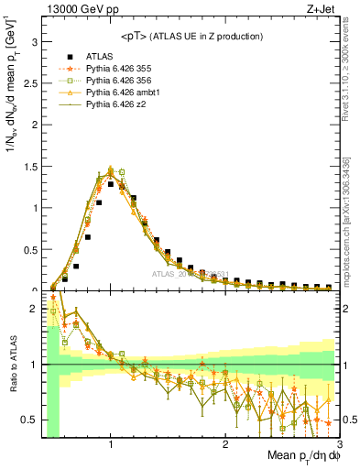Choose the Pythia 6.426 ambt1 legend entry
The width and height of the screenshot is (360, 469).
click(x=125, y=93)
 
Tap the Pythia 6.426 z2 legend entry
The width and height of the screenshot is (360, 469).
click(x=120, y=106)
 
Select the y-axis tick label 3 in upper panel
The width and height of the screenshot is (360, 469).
click(x=33, y=42)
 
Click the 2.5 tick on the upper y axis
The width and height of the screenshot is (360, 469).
click(x=29, y=83)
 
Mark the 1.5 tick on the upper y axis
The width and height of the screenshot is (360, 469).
click(x=29, y=167)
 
